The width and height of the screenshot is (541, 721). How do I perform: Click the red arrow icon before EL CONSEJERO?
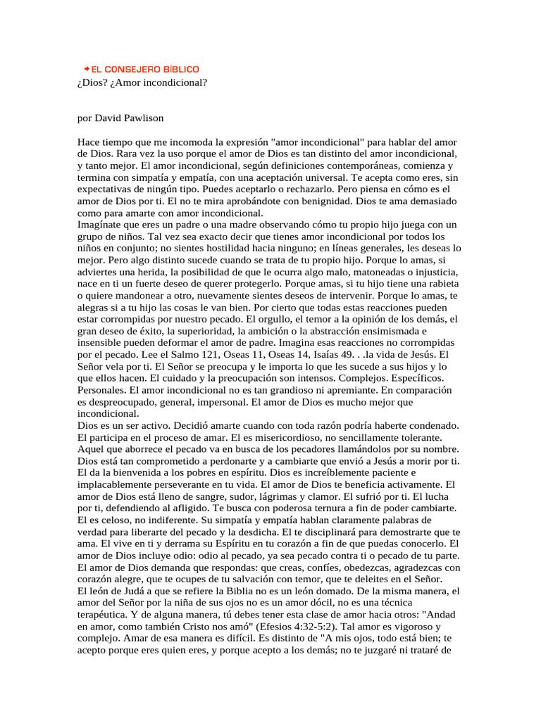tap(86, 69)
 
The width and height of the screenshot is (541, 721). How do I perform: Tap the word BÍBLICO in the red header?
tap(181, 70)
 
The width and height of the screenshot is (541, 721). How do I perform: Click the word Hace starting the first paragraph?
tap(89, 142)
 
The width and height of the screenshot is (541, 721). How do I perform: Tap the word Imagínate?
tap(102, 225)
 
